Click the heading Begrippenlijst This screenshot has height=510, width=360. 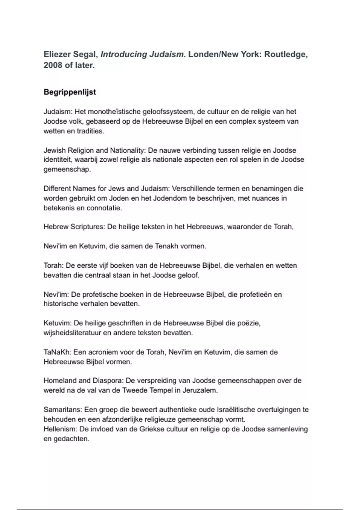coord(70,92)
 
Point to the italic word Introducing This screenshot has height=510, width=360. coord(124,55)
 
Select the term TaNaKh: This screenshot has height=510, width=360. coord(57,352)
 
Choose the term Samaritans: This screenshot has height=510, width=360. coord(63,410)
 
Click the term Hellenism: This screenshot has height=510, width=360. coord(60,429)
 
